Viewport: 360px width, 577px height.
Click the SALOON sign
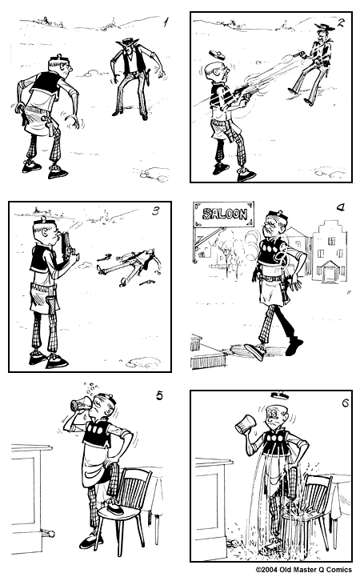click(224, 214)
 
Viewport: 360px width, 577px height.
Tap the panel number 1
click(165, 23)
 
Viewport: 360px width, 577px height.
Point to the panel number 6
click(345, 402)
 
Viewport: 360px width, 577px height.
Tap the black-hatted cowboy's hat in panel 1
click(126, 42)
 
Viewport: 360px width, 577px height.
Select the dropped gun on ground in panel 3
click(146, 281)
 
